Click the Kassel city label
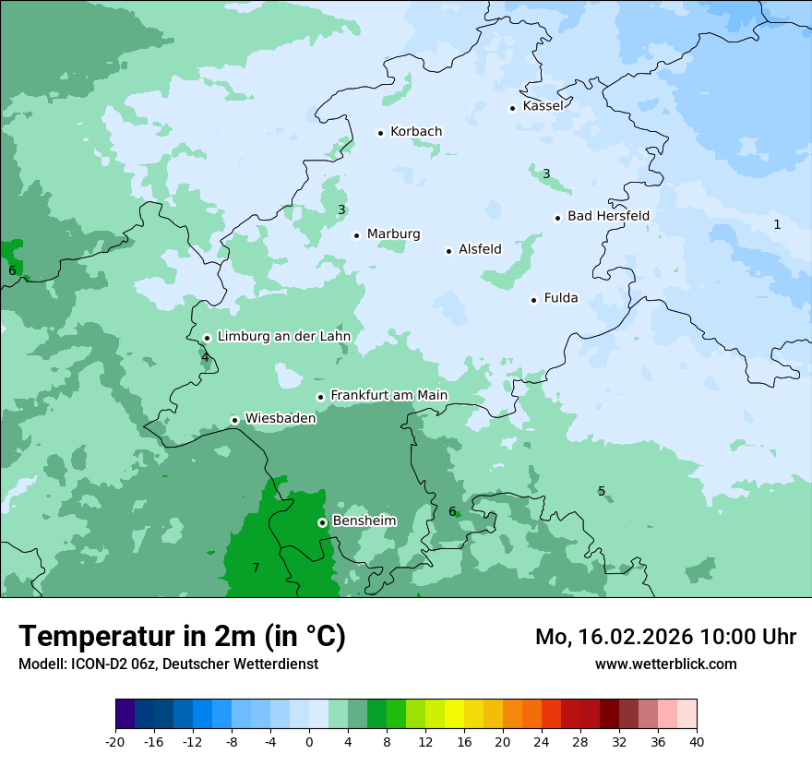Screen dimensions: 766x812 (x=543, y=106)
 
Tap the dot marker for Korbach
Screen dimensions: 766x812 (x=380, y=133)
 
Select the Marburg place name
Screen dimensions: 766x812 (x=393, y=234)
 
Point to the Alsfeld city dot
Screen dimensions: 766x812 (x=449, y=251)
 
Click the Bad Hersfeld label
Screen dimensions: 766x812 (x=608, y=216)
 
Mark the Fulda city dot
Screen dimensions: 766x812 (x=533, y=300)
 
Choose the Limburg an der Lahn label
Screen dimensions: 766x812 (x=283, y=337)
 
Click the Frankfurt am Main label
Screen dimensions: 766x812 (x=388, y=396)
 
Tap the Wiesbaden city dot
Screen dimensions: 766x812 (x=235, y=420)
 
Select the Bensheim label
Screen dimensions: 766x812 (x=364, y=521)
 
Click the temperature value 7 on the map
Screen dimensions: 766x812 (x=256, y=568)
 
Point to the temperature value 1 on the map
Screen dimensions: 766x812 (x=777, y=224)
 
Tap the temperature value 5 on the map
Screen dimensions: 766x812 (x=602, y=491)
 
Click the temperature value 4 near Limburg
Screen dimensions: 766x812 (x=205, y=357)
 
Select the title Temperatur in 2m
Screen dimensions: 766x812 (x=182, y=637)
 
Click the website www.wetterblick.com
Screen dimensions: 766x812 (x=665, y=664)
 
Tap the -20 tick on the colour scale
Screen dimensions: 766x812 (x=115, y=742)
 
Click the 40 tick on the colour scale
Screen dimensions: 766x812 (x=696, y=742)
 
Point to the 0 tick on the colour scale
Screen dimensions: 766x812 (x=309, y=742)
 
